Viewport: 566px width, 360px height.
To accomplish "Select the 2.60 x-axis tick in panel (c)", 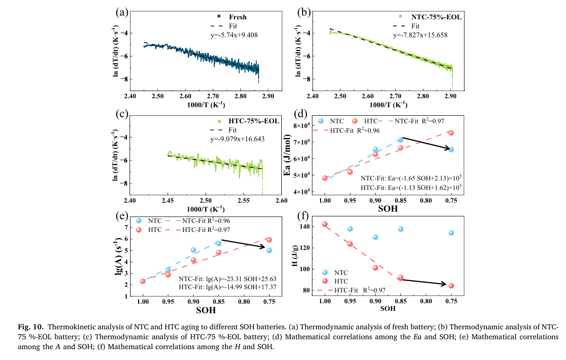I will [x=281, y=200].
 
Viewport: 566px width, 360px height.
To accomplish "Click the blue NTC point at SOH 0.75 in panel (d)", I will [x=451, y=150].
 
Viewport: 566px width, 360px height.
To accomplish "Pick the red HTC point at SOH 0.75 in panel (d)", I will [x=451, y=133].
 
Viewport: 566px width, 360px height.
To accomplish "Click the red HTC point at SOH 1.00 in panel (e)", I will [x=143, y=281].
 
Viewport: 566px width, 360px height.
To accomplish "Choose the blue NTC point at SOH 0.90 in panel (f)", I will [x=375, y=237].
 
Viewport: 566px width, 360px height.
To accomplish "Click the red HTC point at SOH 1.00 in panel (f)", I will [x=325, y=224].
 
